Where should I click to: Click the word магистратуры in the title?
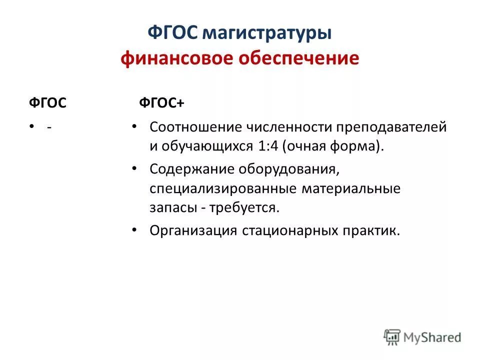267,33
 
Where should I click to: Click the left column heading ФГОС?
46,102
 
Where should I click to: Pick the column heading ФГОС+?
161,102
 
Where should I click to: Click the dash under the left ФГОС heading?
48,127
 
